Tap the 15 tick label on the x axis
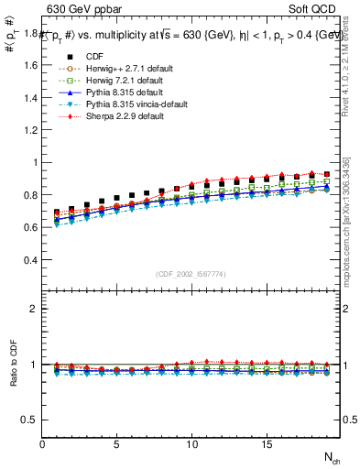pyautogui.click(x=267, y=445)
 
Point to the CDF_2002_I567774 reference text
pyautogui.click(x=191, y=273)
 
